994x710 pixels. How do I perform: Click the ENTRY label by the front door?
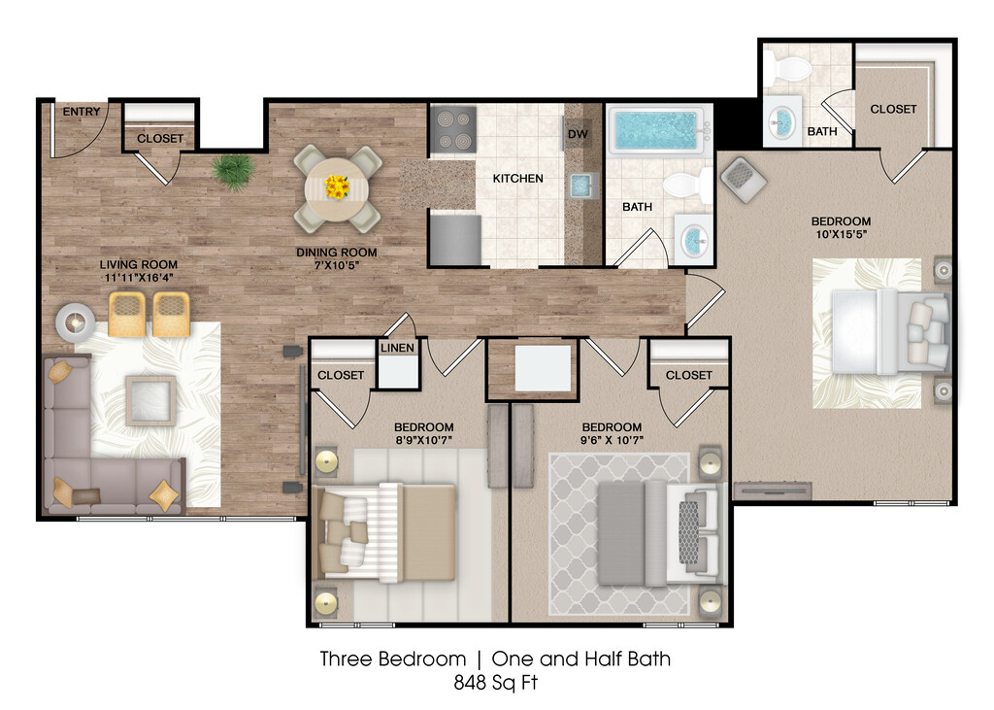pyautogui.click(x=82, y=112)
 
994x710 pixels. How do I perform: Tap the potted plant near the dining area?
pyautogui.click(x=233, y=170)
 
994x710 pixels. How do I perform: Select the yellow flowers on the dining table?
pyautogui.click(x=337, y=186)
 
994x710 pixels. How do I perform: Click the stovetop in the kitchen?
pyautogui.click(x=453, y=129)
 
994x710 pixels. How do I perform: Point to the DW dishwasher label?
pyautogui.click(x=578, y=134)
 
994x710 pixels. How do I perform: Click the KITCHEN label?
pyautogui.click(x=518, y=179)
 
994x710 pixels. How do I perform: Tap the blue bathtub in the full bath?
pyautogui.click(x=657, y=129)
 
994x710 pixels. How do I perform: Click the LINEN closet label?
pyautogui.click(x=397, y=348)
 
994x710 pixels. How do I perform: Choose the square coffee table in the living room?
pyautogui.click(x=150, y=400)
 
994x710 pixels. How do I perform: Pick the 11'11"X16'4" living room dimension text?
pyautogui.click(x=139, y=278)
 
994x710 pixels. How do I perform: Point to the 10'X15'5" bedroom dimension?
pyautogui.click(x=842, y=233)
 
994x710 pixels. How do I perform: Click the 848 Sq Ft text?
pyautogui.click(x=496, y=683)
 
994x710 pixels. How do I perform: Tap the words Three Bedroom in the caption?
pyautogui.click(x=393, y=659)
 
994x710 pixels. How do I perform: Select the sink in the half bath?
pyautogui.click(x=782, y=120)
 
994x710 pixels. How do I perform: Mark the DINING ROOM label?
pyautogui.click(x=337, y=253)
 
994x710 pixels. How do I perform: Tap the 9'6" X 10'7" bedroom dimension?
pyautogui.click(x=612, y=439)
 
